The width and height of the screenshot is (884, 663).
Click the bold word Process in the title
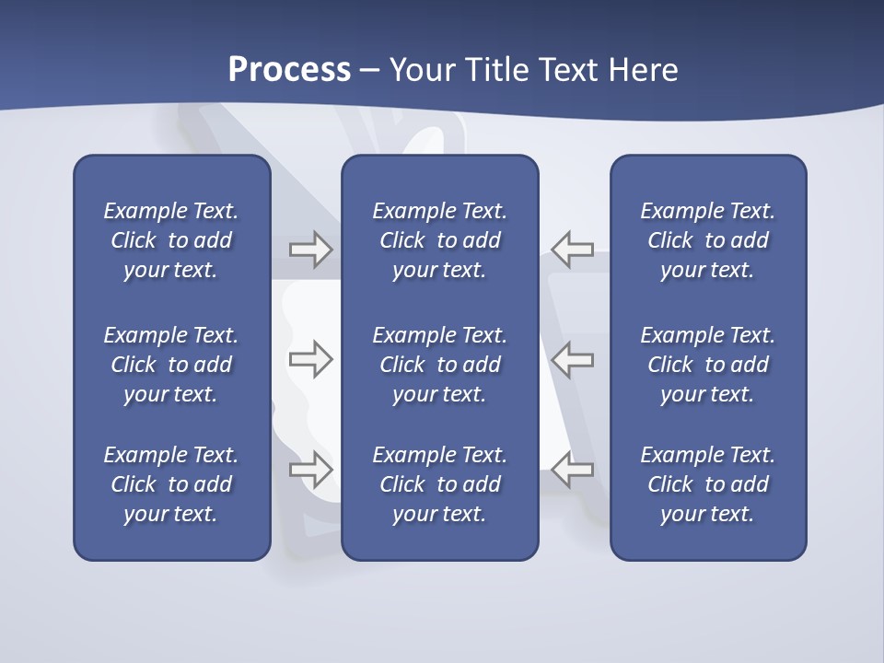(289, 70)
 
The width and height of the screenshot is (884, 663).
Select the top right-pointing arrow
(310, 250)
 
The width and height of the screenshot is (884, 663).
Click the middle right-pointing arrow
(310, 359)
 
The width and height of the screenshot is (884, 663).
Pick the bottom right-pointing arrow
(310, 469)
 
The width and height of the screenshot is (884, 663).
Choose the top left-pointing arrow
(573, 250)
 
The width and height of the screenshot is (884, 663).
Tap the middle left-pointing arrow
(573, 359)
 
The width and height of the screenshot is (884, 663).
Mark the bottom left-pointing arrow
(573, 469)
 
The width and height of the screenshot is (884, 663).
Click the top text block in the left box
(171, 240)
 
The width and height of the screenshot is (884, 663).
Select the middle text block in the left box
(171, 365)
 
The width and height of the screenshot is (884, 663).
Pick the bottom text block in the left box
(171, 484)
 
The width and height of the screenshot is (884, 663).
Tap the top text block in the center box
(440, 240)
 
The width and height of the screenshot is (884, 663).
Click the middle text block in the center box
(440, 365)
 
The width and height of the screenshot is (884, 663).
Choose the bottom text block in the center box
(440, 484)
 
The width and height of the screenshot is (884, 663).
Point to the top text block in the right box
(708, 240)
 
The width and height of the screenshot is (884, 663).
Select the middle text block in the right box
(708, 365)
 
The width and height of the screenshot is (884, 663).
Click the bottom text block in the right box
(708, 484)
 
